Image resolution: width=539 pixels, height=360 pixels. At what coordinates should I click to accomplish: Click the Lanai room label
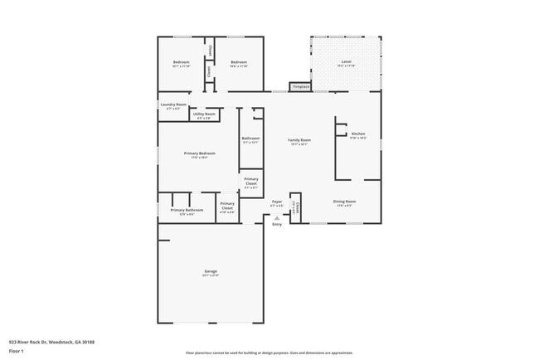click(347, 63)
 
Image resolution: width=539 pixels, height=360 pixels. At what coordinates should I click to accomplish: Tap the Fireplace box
click(301, 86)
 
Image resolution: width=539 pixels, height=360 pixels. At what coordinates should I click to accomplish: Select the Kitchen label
click(358, 134)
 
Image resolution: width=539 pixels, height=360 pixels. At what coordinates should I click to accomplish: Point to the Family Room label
click(299, 141)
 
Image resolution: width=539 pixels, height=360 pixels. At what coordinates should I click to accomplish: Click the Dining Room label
click(345, 202)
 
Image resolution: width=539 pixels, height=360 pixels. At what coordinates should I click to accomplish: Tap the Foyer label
click(277, 202)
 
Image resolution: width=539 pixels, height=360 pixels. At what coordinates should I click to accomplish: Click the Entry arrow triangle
click(277, 218)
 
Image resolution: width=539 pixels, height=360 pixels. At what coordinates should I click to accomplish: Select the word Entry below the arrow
click(277, 224)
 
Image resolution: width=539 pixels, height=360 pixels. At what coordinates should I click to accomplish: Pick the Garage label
click(211, 271)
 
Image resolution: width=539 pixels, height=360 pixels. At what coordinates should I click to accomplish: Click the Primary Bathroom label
click(187, 210)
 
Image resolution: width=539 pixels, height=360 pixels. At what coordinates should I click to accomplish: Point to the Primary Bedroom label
click(200, 154)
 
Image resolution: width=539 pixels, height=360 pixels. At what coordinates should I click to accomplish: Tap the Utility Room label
click(204, 114)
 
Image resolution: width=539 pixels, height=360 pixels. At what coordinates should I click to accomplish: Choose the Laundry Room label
click(173, 105)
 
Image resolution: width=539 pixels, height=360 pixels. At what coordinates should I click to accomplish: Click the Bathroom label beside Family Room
click(250, 139)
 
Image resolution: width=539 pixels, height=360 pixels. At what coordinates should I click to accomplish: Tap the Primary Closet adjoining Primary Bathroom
click(227, 208)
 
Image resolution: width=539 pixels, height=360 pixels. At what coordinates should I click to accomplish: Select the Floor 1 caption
click(17, 351)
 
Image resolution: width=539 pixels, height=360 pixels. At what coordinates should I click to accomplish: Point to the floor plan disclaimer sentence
click(269, 353)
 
